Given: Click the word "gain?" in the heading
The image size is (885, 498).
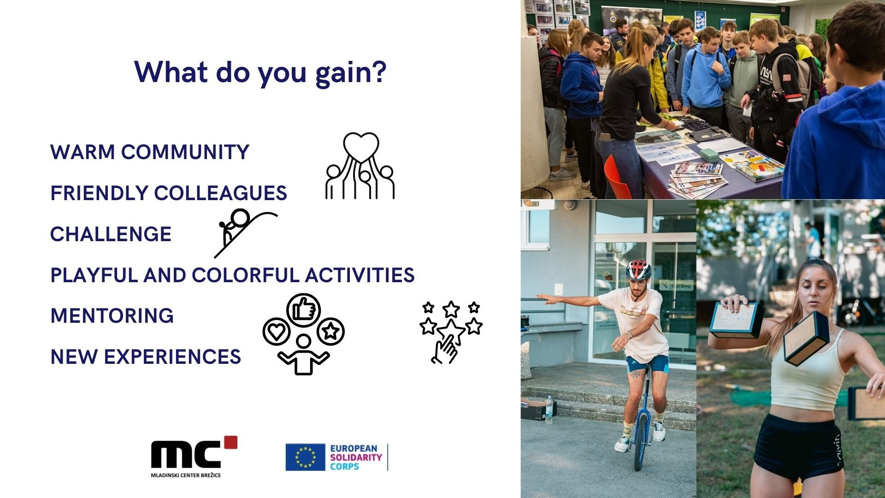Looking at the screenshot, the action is coord(350,73).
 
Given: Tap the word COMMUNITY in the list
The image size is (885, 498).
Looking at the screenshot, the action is coord(185,152).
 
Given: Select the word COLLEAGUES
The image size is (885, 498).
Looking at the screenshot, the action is coord(221,193).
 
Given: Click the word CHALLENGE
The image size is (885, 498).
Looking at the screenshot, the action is coord(111,234).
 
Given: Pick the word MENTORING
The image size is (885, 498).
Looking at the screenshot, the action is coord(112,316).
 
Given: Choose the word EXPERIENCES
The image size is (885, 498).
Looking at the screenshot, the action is coord(172,357).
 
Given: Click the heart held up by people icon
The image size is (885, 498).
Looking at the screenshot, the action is coord(360,166).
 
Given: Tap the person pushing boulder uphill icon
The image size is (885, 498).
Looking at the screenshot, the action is coord(245,233).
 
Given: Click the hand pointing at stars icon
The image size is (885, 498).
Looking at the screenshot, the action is coord(451,332).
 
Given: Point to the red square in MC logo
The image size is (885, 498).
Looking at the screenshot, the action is coord(230,442).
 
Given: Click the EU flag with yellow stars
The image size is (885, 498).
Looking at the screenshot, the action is coord(305,457).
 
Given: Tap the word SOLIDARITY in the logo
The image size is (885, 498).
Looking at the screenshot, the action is coord(356,457).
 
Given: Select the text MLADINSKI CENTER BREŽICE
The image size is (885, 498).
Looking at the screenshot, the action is coord(186,475).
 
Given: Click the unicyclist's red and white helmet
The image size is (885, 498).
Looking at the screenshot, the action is coord(638,270).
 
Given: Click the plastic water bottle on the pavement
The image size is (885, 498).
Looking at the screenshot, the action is coord(549,409).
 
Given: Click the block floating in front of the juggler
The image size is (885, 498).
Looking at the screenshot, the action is coord(806,338).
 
